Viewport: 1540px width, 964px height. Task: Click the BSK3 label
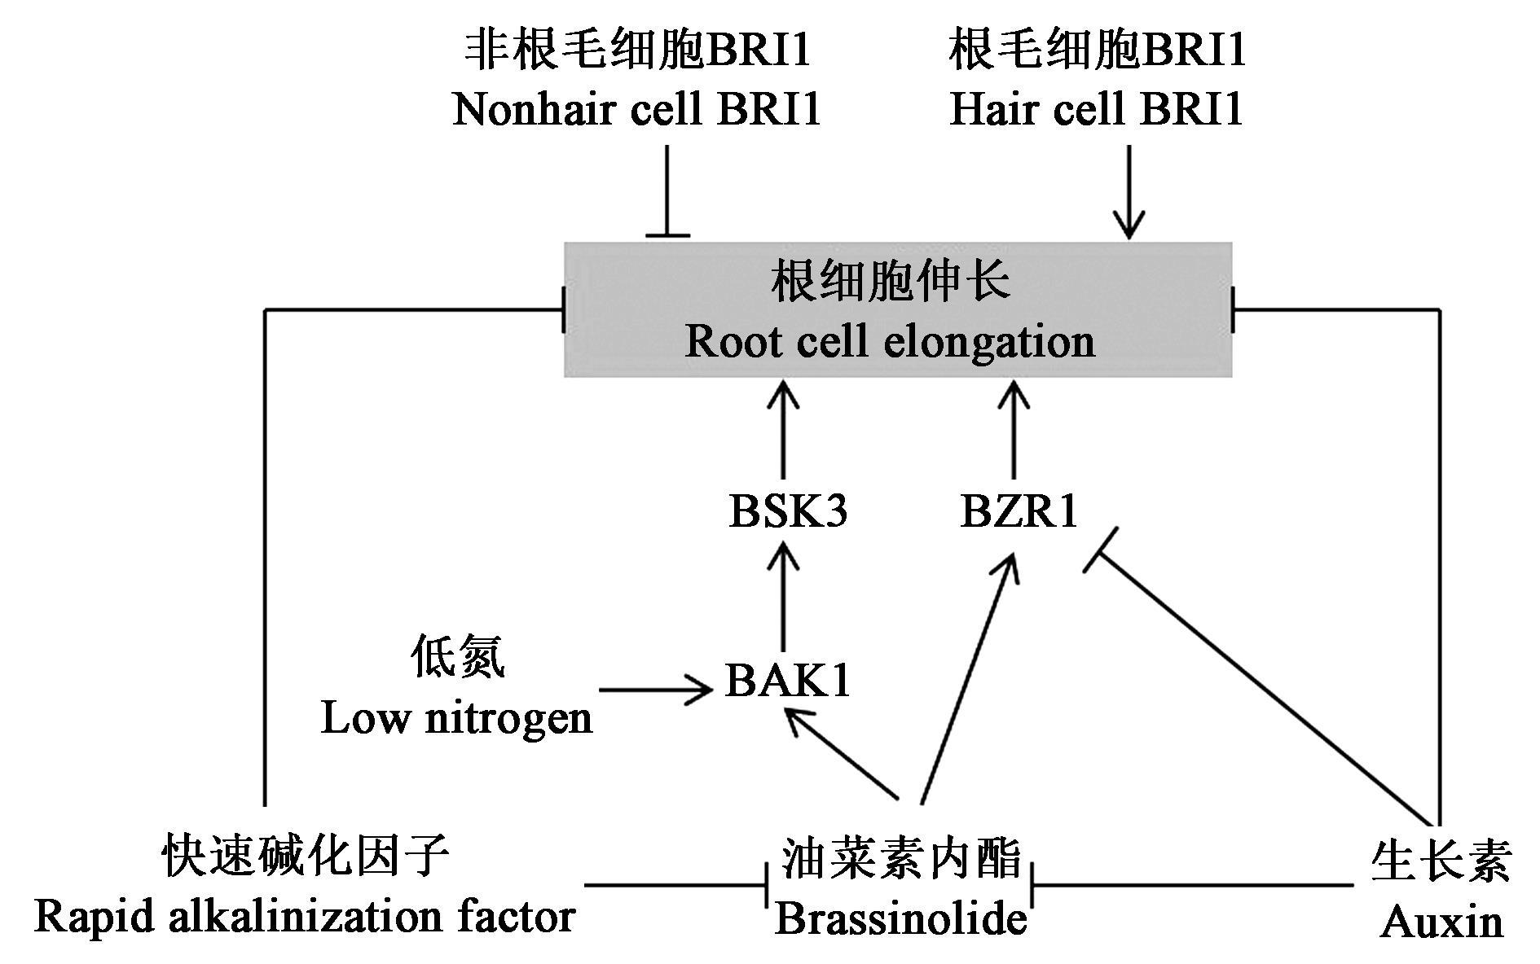788,512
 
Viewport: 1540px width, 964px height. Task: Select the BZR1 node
1019,512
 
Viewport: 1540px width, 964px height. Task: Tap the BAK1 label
788,681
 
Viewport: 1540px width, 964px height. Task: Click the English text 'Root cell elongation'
890,341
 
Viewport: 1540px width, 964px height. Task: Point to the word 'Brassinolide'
900,919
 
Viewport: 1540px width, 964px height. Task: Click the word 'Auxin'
1441,922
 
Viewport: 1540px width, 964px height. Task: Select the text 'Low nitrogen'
456,718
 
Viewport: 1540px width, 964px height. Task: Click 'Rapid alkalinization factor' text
306,918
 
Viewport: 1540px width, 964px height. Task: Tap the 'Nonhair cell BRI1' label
636,109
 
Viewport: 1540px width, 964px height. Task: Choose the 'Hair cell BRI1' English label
1097,109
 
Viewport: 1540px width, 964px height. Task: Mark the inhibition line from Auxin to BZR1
1263,692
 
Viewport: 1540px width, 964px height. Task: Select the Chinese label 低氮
457,658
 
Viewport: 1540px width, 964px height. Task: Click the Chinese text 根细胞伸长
891,283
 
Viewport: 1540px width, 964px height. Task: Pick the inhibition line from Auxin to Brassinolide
1190,885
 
